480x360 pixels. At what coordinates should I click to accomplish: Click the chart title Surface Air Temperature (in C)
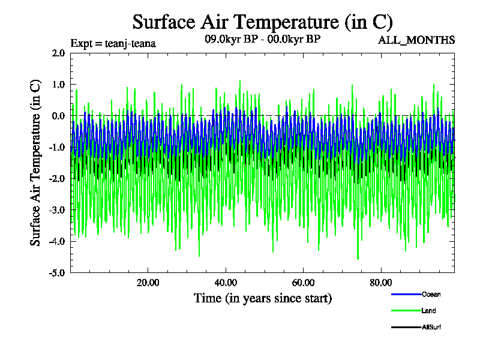[262, 22]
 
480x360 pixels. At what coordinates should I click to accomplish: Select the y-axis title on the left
[36, 162]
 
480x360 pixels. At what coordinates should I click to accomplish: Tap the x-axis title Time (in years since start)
[263, 298]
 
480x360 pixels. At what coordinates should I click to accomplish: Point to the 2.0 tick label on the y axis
[58, 53]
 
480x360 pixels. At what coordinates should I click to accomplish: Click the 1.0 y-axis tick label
[58, 85]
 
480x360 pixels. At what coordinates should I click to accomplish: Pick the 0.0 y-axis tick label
[58, 116]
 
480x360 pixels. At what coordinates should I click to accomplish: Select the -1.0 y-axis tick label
[57, 147]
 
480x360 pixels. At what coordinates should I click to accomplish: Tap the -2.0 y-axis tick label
[57, 178]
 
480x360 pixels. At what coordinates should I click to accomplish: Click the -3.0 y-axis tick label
[57, 209]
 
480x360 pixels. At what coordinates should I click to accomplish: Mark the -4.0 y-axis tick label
[57, 241]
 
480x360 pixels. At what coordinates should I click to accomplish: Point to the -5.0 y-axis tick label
[57, 272]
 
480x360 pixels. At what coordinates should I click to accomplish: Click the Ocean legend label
[431, 294]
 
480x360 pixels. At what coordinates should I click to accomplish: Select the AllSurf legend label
[432, 326]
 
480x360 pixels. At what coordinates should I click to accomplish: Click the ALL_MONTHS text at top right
[416, 40]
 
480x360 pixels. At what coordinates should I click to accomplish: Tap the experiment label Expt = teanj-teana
[113, 43]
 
